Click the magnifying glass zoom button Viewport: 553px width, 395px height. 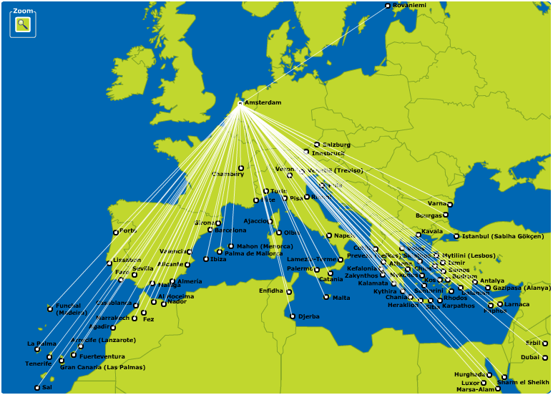(23, 24)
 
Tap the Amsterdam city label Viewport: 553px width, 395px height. (263, 103)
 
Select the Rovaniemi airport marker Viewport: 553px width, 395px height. (388, 6)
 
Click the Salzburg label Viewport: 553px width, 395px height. (336, 145)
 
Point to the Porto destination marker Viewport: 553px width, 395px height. (116, 233)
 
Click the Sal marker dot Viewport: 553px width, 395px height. (37, 388)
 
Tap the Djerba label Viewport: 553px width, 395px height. (309, 316)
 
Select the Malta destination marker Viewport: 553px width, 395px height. (326, 297)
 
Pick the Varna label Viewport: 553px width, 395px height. (436, 204)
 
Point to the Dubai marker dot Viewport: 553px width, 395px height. (545, 357)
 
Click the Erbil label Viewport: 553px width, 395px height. (532, 343)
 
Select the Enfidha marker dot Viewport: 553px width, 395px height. (289, 292)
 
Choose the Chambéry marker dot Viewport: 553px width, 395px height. (241, 168)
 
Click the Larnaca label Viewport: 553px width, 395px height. (517, 304)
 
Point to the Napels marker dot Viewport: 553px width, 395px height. (329, 235)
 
